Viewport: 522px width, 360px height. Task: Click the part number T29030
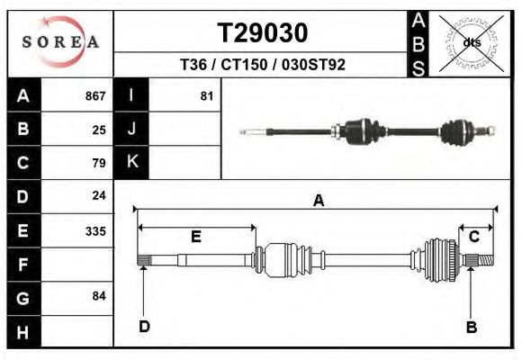pos(263,33)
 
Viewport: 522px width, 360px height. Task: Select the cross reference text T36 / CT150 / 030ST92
pos(263,65)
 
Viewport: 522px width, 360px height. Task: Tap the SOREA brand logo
pos(60,42)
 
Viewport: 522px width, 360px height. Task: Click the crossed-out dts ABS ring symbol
pos(472,43)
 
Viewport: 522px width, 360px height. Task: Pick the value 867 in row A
pos(95,96)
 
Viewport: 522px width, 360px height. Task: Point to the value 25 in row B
pos(99,130)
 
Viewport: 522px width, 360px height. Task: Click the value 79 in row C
pos(99,163)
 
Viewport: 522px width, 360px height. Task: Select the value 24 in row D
pos(99,195)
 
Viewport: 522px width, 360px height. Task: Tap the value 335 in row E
pos(95,231)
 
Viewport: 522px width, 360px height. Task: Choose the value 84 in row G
pos(99,296)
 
